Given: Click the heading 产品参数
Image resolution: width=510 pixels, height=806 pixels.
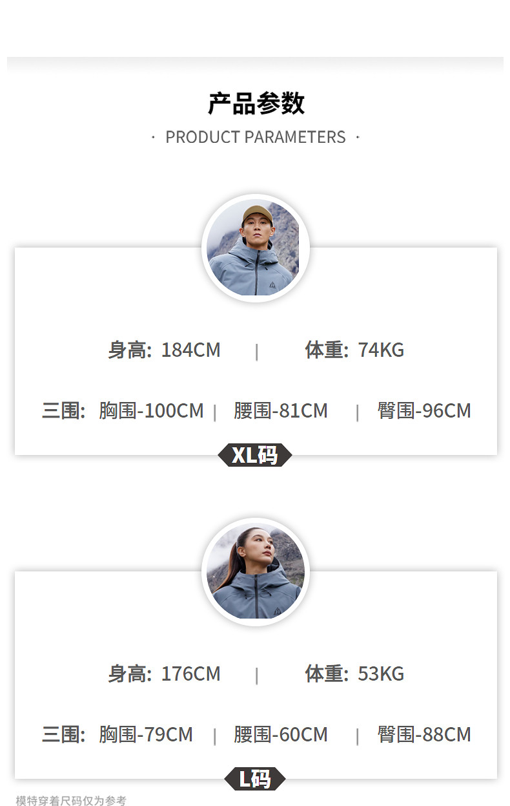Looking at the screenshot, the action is coord(256,103).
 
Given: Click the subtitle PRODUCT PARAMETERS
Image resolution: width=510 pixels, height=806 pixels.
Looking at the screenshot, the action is coord(256,137).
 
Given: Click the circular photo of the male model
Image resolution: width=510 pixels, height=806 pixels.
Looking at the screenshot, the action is coord(256,248).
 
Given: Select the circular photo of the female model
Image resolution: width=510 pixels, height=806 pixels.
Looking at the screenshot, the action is coord(256,571).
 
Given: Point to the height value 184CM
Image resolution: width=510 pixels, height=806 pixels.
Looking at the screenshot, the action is coord(190,350).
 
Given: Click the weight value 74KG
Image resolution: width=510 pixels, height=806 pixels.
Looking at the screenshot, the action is coord(381,350).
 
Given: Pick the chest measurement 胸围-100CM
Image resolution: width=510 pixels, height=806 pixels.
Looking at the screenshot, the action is coord(151,411).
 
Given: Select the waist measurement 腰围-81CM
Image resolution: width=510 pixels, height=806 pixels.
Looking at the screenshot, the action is coord(281,411).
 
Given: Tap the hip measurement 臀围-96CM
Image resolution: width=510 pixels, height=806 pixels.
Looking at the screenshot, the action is coord(424,411).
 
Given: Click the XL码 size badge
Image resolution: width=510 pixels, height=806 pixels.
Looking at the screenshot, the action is coord(255,455).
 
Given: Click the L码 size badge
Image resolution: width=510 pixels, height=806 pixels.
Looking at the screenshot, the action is coord(255,779).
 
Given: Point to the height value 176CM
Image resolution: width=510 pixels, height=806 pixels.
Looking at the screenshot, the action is coord(190,674).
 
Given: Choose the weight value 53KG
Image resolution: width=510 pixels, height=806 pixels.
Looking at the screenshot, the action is coord(381,674).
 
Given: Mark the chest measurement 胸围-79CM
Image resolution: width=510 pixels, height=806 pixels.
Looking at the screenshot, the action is coord(146,735).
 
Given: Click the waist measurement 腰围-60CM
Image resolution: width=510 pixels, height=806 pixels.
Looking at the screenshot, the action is coord(281,735).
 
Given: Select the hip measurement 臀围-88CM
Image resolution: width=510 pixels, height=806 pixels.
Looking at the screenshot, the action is coord(424,735).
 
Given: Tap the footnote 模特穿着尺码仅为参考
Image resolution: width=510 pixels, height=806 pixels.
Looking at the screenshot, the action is coord(71,801).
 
